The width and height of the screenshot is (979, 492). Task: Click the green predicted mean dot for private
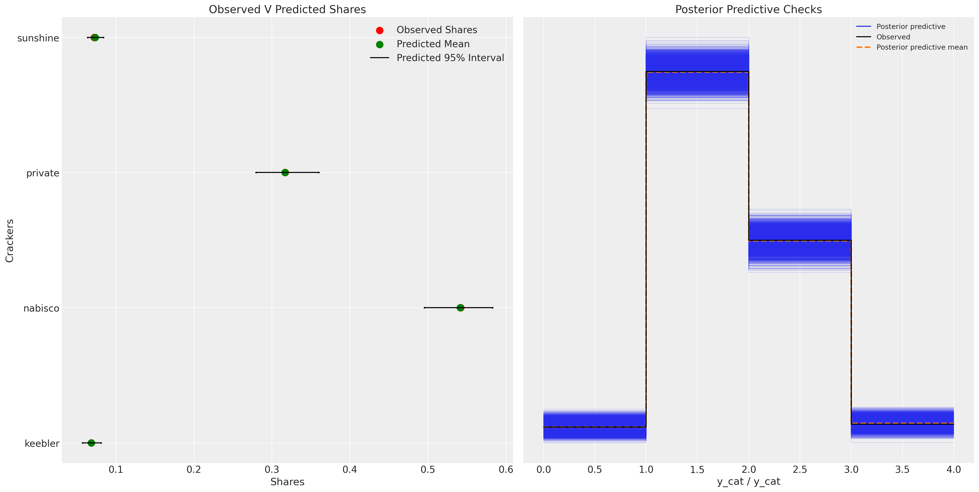pos(285,172)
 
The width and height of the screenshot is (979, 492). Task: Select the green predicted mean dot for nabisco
pos(460,308)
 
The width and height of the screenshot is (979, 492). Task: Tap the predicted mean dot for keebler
pos(91,443)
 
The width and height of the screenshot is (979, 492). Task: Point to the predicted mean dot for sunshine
pos(95,38)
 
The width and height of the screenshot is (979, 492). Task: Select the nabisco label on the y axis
pos(41,308)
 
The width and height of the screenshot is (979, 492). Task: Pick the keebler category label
pos(42,443)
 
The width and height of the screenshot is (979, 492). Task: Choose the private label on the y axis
pos(43,173)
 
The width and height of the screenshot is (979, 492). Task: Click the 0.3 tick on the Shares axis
pos(272,470)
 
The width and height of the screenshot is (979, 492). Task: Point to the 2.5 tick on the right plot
pos(800,470)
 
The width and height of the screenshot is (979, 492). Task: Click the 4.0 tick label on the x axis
pos(953,470)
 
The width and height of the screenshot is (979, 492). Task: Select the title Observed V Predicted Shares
pos(287,9)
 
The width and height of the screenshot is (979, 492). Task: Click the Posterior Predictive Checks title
pos(748,9)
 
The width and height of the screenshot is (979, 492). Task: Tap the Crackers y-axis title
pos(9,241)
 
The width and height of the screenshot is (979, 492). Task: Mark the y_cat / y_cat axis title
pos(748,482)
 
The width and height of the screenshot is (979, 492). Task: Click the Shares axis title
pos(287,482)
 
